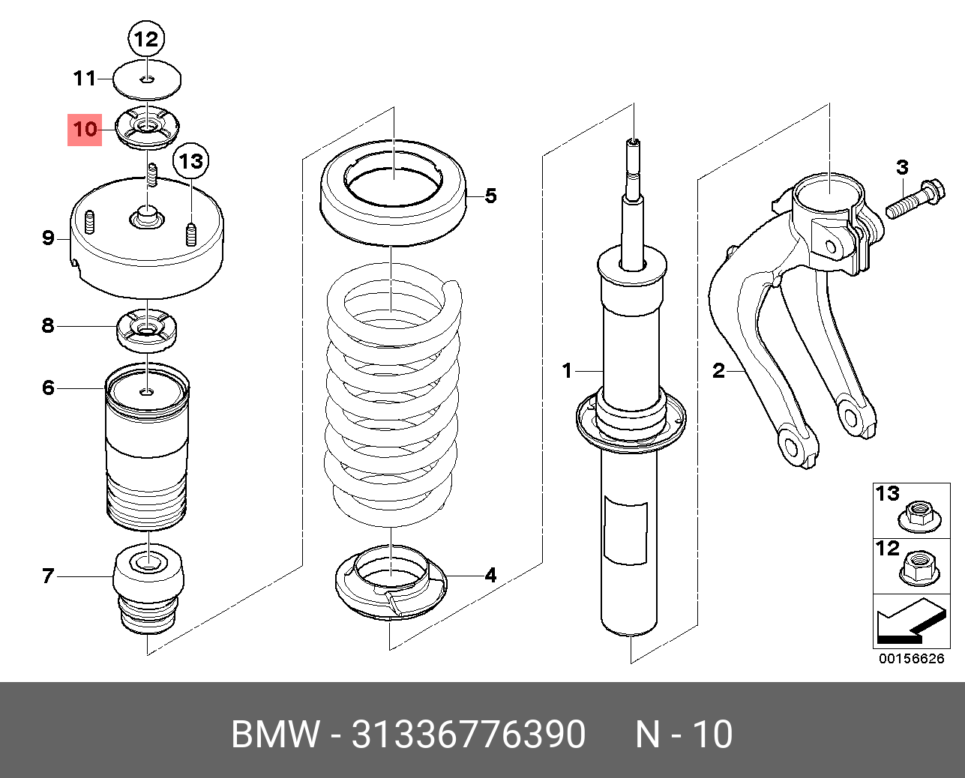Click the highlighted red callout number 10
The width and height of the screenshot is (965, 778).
[85, 130]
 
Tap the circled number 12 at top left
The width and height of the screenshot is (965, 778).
[147, 38]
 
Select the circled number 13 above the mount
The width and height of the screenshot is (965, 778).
[190, 160]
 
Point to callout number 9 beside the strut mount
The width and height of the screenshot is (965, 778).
[48, 238]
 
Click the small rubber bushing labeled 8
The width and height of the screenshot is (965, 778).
[148, 331]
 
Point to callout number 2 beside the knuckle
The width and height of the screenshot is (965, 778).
[718, 370]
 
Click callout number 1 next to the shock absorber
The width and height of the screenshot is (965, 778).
[568, 370]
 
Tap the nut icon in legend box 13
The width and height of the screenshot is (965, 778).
[918, 516]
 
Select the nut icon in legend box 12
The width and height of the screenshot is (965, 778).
[918, 571]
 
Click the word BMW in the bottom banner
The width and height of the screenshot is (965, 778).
[275, 735]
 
